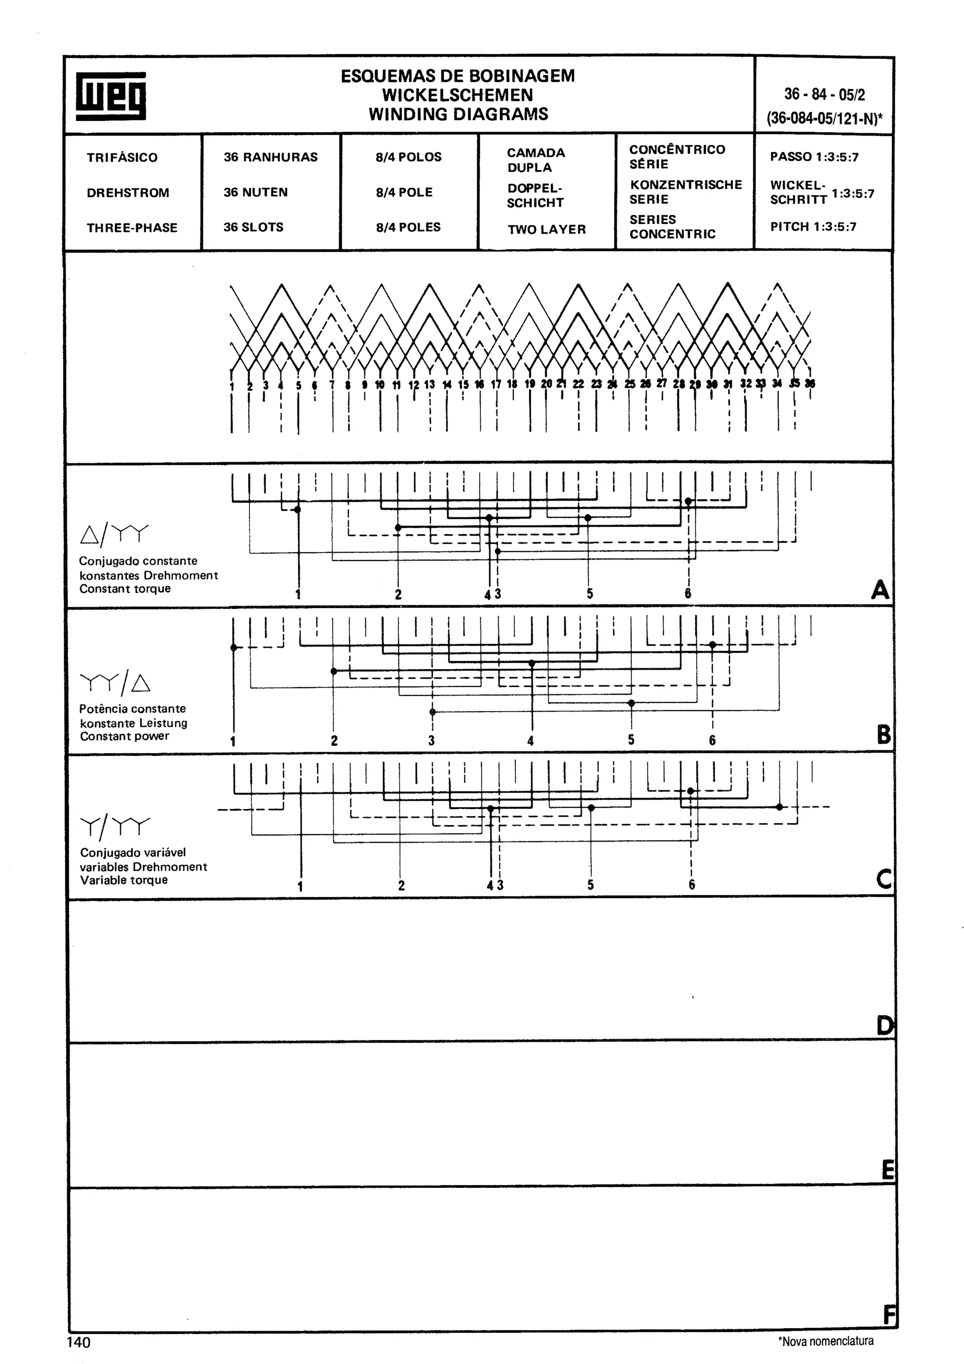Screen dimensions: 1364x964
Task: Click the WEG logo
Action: (111, 96)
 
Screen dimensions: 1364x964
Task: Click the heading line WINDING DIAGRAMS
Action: (458, 114)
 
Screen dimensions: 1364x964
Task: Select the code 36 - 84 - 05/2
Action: (824, 95)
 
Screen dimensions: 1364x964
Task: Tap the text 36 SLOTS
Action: (254, 227)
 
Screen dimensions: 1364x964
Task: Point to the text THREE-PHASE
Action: (132, 227)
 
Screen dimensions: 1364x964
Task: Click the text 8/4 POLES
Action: (408, 227)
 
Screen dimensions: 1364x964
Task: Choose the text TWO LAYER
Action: (546, 229)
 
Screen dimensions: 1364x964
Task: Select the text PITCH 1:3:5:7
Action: (813, 226)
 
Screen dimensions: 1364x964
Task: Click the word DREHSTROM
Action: (128, 193)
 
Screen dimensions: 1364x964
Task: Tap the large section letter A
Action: (880, 590)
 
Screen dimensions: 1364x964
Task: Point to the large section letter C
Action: (884, 879)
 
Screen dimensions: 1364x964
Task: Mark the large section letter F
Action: (889, 1315)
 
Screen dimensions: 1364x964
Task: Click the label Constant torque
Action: (125, 589)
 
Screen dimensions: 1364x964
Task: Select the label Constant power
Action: (125, 736)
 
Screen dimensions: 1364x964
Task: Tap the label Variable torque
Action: (124, 880)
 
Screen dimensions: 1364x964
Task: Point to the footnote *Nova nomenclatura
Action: (826, 1341)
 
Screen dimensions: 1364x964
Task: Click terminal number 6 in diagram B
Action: (712, 740)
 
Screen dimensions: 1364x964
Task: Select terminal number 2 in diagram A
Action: (398, 594)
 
